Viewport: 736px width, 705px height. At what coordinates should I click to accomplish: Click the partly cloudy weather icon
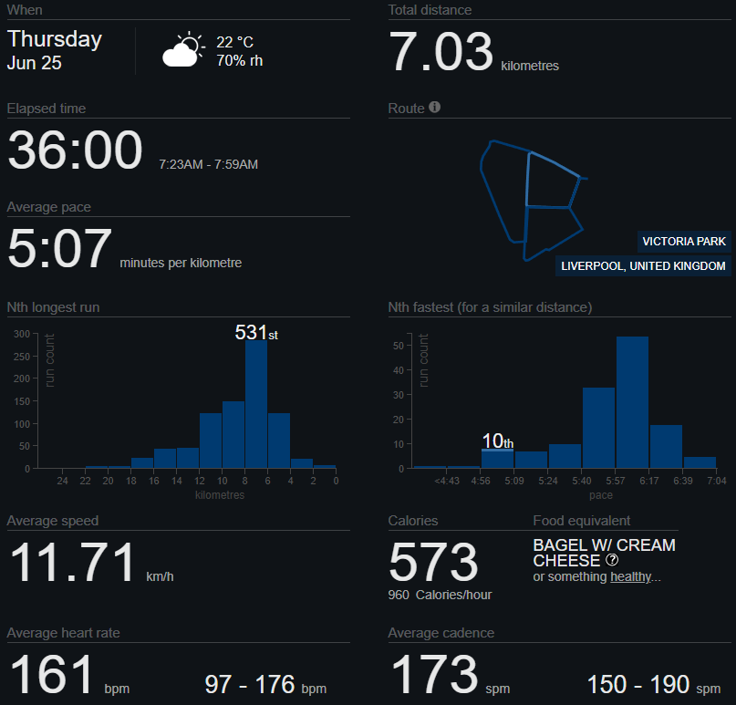tap(183, 49)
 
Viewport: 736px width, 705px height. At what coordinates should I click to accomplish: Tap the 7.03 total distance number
tap(441, 51)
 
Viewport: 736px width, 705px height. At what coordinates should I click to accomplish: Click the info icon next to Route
tap(435, 107)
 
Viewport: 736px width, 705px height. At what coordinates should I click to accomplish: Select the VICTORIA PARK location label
tap(684, 242)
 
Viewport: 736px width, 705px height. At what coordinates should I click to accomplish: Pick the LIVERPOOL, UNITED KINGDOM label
tap(643, 265)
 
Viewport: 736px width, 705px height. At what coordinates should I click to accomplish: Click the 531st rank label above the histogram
tap(256, 332)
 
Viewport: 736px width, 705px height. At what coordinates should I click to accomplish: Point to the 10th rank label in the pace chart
tap(498, 441)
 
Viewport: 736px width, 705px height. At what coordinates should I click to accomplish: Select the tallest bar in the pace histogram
tap(632, 402)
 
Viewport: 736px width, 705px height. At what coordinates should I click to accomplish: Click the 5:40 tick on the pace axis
tap(582, 481)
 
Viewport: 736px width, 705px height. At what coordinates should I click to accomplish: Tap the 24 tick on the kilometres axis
tap(62, 481)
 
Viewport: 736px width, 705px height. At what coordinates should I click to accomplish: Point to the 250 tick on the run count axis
tap(22, 357)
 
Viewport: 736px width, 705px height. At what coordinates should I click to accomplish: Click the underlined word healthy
tap(631, 576)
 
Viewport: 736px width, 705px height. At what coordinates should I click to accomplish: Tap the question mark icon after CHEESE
tap(612, 559)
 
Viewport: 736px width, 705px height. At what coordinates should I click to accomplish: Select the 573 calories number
tap(433, 562)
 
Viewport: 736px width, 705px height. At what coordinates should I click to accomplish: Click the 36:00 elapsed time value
tap(75, 150)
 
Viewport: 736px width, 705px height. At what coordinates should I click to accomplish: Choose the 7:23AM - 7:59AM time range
tap(209, 164)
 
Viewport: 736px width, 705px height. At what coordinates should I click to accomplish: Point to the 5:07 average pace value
tap(59, 248)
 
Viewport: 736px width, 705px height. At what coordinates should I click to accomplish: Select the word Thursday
tap(55, 39)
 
